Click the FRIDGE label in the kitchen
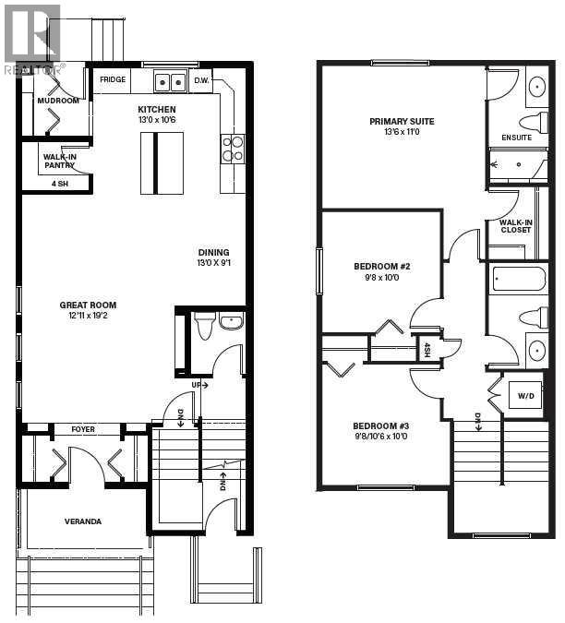pos(113,79)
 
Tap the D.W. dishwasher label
pos(201,80)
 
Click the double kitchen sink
pos(170,82)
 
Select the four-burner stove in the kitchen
pos(233,149)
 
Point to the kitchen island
pos(162,163)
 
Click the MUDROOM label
pos(58,101)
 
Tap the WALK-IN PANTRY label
pos(60,161)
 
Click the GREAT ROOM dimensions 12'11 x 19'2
pos(88,316)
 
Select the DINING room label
pos(214,252)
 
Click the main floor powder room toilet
pos(204,326)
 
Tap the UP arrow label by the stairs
pos(199,385)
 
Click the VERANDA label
pos(83,521)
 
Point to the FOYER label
pos(83,429)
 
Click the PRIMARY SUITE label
pos(402,121)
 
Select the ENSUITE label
pos(516,138)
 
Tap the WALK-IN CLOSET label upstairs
pos(516,226)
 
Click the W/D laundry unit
pos(525,395)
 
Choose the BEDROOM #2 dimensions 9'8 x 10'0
pos(382,277)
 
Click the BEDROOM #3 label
pos(380,425)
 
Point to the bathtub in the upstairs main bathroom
pos(520,279)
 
